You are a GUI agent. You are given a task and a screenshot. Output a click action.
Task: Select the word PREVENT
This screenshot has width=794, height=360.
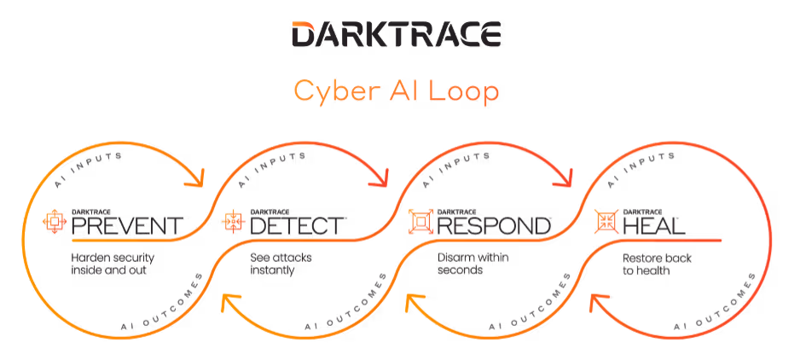click(x=127, y=225)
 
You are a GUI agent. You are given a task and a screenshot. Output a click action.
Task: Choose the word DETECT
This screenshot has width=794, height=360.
click(x=298, y=225)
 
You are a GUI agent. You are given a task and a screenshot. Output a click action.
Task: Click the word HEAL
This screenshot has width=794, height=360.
click(x=655, y=225)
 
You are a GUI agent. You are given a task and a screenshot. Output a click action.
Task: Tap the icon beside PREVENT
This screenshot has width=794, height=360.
click(x=55, y=222)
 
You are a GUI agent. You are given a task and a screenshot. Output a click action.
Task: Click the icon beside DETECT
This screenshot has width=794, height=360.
click(x=233, y=222)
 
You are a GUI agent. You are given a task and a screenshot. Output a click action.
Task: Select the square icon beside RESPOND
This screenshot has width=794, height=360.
click(x=420, y=222)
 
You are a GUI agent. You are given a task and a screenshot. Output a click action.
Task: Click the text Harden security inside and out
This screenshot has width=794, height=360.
click(x=108, y=264)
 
